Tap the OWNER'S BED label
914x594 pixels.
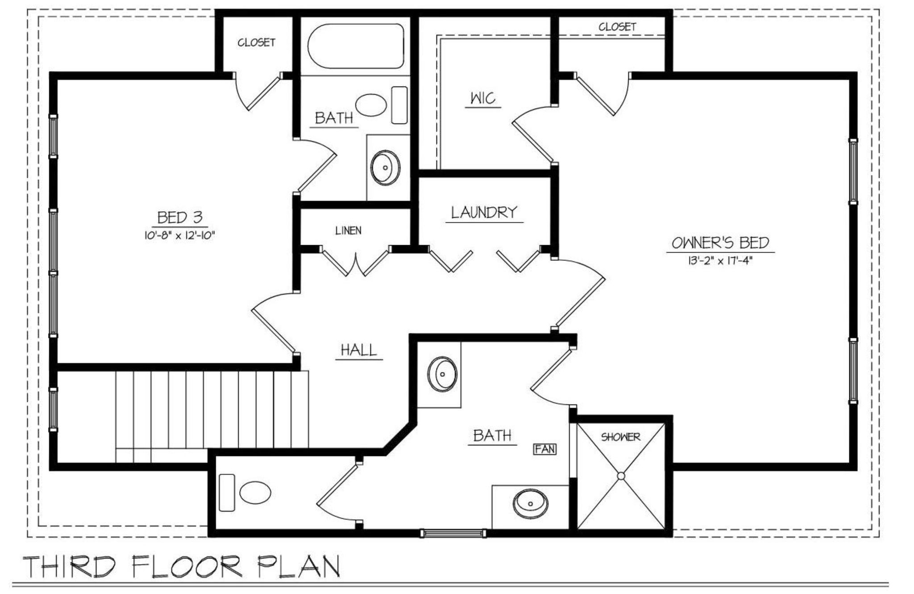tap(720, 243)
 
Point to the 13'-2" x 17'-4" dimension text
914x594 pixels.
tap(720, 260)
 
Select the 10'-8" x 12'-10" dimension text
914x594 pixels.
tap(179, 235)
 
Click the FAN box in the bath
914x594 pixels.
tap(545, 449)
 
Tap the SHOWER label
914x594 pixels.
tap(620, 437)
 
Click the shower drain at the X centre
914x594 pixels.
tap(621, 476)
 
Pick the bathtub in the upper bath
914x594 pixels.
tap(356, 46)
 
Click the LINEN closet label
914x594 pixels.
tap(349, 231)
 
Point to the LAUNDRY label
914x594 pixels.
tap(484, 212)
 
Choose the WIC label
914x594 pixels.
tap(483, 98)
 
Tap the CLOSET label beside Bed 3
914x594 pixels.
tap(256, 43)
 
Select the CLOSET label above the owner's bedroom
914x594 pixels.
tap(617, 27)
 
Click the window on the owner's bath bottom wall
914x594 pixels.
tap(453, 533)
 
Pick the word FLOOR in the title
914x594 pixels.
tap(187, 566)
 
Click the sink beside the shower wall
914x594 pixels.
tap(530, 503)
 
